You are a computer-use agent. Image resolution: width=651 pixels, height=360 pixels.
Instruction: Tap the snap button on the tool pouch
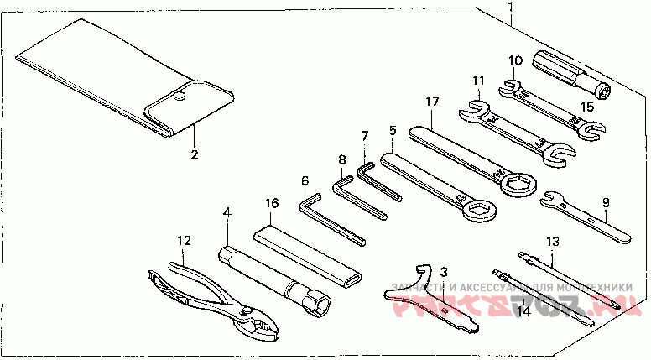[180, 98]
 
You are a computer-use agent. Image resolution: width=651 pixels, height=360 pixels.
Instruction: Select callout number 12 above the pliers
[185, 240]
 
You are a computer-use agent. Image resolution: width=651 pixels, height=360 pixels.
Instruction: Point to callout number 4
[227, 214]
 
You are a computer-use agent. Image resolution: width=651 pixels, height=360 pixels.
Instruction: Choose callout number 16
[271, 203]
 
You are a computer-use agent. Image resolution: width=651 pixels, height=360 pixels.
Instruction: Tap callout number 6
[305, 180]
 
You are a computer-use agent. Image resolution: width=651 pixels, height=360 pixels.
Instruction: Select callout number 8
[342, 159]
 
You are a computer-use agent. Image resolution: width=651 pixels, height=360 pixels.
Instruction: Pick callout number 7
[365, 136]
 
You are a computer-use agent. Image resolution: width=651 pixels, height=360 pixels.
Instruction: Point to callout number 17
[432, 102]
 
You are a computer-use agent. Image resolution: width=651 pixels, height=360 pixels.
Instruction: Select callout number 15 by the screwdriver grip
[587, 107]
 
